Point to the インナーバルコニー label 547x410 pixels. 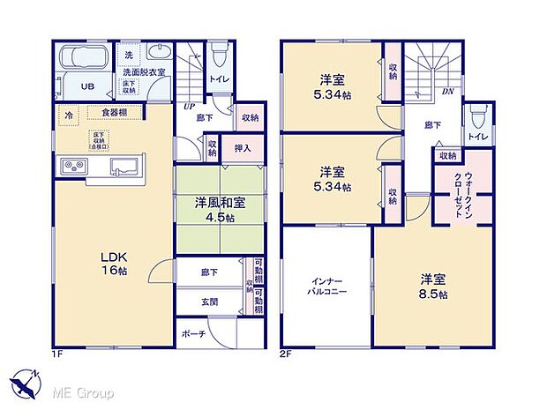pos(326,283)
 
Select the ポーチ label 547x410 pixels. pos(194,335)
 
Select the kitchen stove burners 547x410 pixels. pos(71,166)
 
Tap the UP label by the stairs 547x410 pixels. pos(189,108)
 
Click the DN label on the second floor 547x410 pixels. pos(447,91)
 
